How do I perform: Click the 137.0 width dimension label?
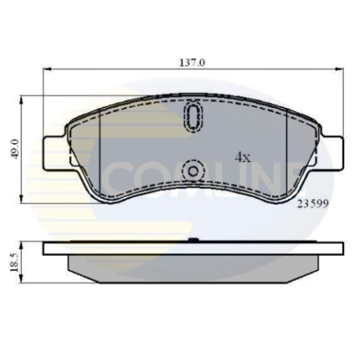(192, 63)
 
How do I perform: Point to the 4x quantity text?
(242, 157)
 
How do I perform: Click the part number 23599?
(312, 204)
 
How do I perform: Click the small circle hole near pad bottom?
(193, 171)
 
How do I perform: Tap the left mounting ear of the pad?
(54, 154)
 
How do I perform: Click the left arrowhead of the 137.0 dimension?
(47, 69)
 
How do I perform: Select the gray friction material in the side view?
(193, 268)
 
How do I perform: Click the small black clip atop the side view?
(193, 240)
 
